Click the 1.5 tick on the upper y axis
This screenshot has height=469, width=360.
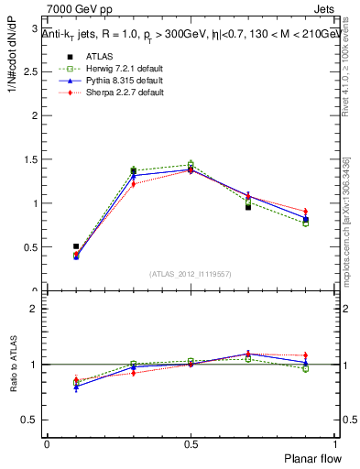pos(35,159)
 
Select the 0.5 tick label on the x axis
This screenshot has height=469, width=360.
pos(191,442)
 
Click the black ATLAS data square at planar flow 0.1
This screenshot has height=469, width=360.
pos(76,246)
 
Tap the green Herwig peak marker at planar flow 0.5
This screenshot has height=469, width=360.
pos(191,165)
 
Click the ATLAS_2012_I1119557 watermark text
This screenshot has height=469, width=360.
pos(191,273)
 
